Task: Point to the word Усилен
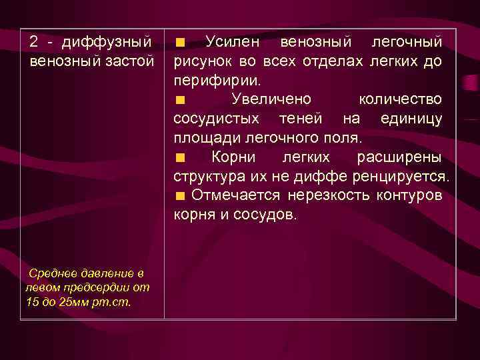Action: point(233,43)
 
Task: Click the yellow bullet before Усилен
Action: point(180,43)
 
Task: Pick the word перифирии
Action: point(217,81)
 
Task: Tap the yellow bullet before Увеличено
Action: point(180,101)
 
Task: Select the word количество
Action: point(399,100)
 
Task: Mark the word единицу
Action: point(411,119)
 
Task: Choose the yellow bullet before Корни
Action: point(180,158)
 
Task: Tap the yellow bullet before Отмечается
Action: point(179,197)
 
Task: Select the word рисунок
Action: point(202,62)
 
